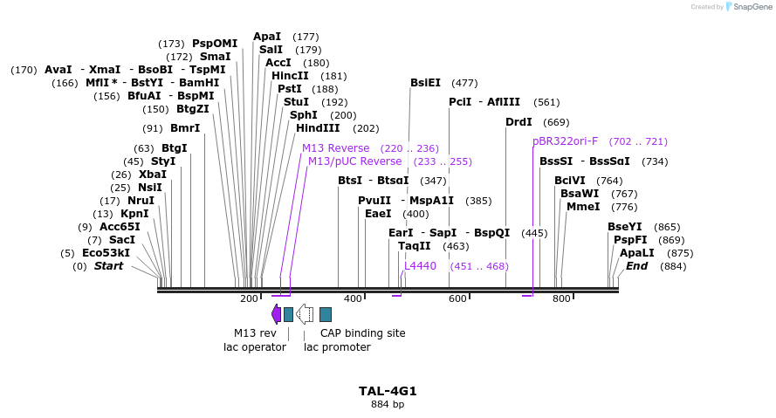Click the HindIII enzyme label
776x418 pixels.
(x=319, y=128)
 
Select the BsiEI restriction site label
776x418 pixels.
(x=425, y=83)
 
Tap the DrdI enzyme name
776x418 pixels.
(x=518, y=122)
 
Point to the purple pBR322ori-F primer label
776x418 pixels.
(x=566, y=141)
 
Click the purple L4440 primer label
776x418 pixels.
(x=420, y=266)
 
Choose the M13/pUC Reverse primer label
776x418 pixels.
(x=354, y=161)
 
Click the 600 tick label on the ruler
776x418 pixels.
(x=457, y=299)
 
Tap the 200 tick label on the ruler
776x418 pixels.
(x=249, y=299)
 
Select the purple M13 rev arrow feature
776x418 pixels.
(x=276, y=314)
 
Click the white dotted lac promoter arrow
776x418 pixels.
(x=305, y=314)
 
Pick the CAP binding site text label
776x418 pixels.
(x=362, y=333)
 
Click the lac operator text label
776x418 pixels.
(x=255, y=347)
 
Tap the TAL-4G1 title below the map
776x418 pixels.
(x=388, y=391)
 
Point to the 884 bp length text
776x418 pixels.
(x=388, y=404)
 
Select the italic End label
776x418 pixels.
(x=636, y=266)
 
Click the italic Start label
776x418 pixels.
(x=109, y=266)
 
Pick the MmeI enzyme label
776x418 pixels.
(x=583, y=207)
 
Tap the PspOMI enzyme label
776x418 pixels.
(x=215, y=44)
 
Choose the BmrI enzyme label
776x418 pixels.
(x=185, y=128)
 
